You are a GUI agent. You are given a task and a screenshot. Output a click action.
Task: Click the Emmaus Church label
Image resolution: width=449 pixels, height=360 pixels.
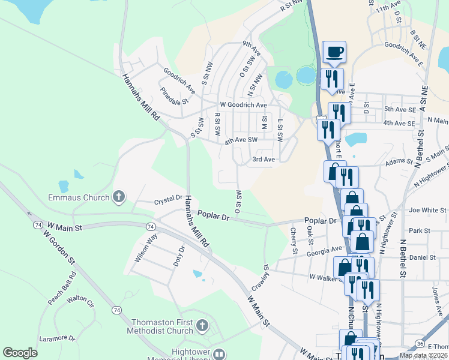[x=79, y=197]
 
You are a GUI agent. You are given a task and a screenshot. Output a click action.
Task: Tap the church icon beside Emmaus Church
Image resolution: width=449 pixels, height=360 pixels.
[x=119, y=196]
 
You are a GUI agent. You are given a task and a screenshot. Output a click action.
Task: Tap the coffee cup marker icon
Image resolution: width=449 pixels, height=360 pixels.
[x=334, y=52]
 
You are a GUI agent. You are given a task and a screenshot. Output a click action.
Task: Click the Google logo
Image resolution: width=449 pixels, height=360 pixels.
[x=20, y=353]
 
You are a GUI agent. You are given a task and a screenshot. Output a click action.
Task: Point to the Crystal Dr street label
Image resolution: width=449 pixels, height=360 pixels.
[x=168, y=198]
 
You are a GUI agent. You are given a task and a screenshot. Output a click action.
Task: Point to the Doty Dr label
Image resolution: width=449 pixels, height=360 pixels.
[x=178, y=256]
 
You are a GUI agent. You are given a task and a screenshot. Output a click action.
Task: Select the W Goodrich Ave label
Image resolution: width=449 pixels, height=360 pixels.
[x=243, y=104]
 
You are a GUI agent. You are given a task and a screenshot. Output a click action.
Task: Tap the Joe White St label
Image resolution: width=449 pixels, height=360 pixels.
[x=427, y=211]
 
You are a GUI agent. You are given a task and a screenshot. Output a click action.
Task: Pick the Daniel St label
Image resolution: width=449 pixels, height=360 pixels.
[x=423, y=257]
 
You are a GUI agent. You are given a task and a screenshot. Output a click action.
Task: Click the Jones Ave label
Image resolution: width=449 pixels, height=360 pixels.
[x=436, y=296]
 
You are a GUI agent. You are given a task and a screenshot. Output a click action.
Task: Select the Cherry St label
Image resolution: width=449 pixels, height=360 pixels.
[x=294, y=241]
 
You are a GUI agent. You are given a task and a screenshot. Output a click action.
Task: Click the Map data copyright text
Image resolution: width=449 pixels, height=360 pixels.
[x=423, y=355]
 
